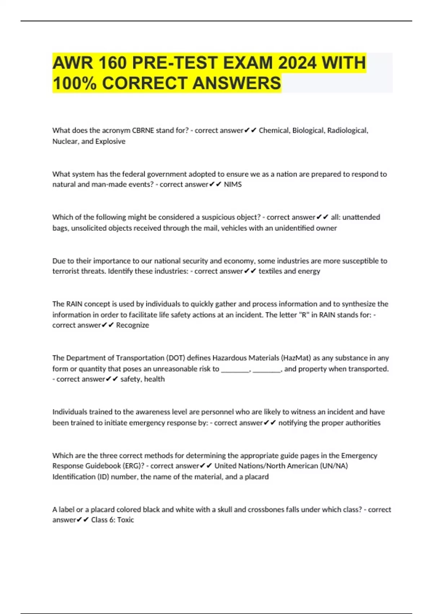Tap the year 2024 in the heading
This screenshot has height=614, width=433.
[297, 63]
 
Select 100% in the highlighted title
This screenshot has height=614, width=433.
[74, 83]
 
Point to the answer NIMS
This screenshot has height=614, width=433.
[233, 185]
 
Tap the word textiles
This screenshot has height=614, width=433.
[270, 271]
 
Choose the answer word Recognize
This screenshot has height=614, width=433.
[132, 325]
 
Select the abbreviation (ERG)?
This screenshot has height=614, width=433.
[133, 466]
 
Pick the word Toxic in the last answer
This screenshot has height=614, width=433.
[126, 520]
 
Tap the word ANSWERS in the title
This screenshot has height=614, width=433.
[237, 83]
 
